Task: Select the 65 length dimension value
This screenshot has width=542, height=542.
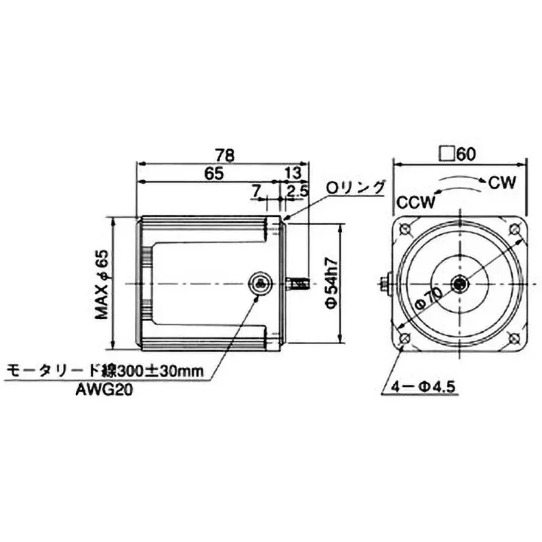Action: (213, 173)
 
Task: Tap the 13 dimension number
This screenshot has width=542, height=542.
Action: (293, 173)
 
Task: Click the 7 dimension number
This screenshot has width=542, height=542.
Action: (255, 192)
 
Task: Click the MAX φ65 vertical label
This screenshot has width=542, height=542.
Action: (102, 285)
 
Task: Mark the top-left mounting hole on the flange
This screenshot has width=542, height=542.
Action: (404, 228)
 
